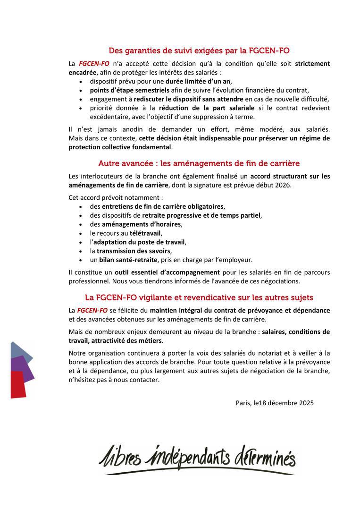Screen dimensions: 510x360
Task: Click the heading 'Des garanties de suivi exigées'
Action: (199, 50)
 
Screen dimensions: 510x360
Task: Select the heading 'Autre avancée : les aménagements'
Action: (199, 163)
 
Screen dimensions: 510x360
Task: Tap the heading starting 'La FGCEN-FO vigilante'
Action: (199, 297)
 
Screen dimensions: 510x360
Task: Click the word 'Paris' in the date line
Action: (243, 403)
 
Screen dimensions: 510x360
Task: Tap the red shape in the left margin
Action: (18, 383)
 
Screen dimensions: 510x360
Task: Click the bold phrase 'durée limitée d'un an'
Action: (198, 81)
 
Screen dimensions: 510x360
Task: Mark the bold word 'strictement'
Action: (312, 63)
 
